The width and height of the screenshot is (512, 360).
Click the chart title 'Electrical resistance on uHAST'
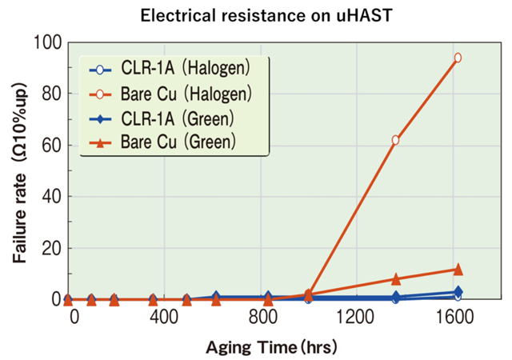pos(256,14)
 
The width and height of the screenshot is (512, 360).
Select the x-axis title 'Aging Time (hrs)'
pos(272,346)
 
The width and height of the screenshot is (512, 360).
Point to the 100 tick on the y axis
pos(47,42)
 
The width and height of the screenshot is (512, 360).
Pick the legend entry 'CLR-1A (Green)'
pos(168,119)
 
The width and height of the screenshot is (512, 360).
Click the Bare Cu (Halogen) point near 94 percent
pos(458,58)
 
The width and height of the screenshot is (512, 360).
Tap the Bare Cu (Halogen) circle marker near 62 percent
pos(395,140)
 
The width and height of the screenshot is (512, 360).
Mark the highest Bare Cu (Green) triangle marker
pos(458,270)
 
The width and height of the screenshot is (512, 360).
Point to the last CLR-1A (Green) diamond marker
pos(458,292)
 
